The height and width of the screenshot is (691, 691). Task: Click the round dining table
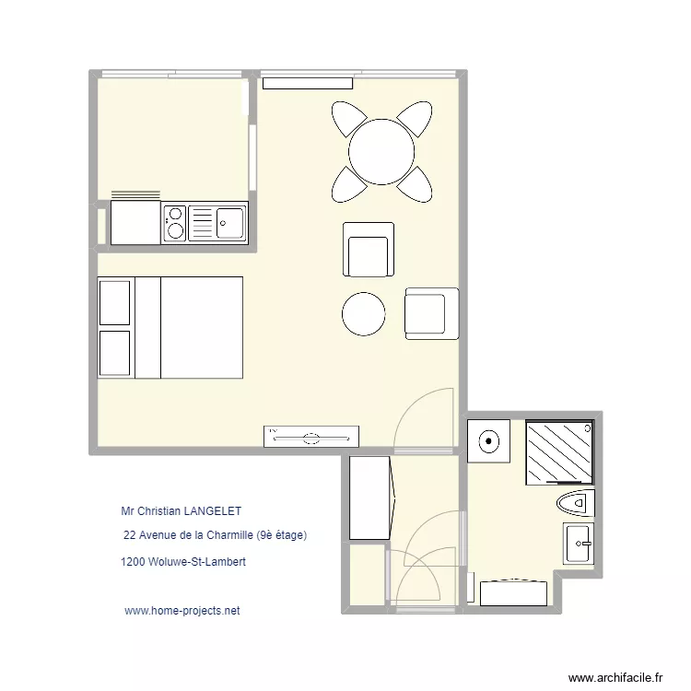[x=381, y=151]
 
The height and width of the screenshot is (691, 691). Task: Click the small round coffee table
[x=363, y=314]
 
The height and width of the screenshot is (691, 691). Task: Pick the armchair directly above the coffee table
[x=369, y=250]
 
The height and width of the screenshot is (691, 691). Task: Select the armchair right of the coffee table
[x=431, y=313]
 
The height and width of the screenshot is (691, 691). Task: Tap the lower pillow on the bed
[x=115, y=353]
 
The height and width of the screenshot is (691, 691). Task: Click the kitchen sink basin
[x=229, y=221]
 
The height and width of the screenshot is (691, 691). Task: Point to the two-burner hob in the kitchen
[x=175, y=223]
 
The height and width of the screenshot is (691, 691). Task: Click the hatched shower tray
[x=559, y=451]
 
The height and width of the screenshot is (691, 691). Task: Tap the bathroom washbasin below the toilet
[x=579, y=544]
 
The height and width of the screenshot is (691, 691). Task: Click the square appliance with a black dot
[x=488, y=440]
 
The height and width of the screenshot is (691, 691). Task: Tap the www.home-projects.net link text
[x=182, y=611]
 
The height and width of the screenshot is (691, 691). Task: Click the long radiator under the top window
[x=308, y=84]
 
